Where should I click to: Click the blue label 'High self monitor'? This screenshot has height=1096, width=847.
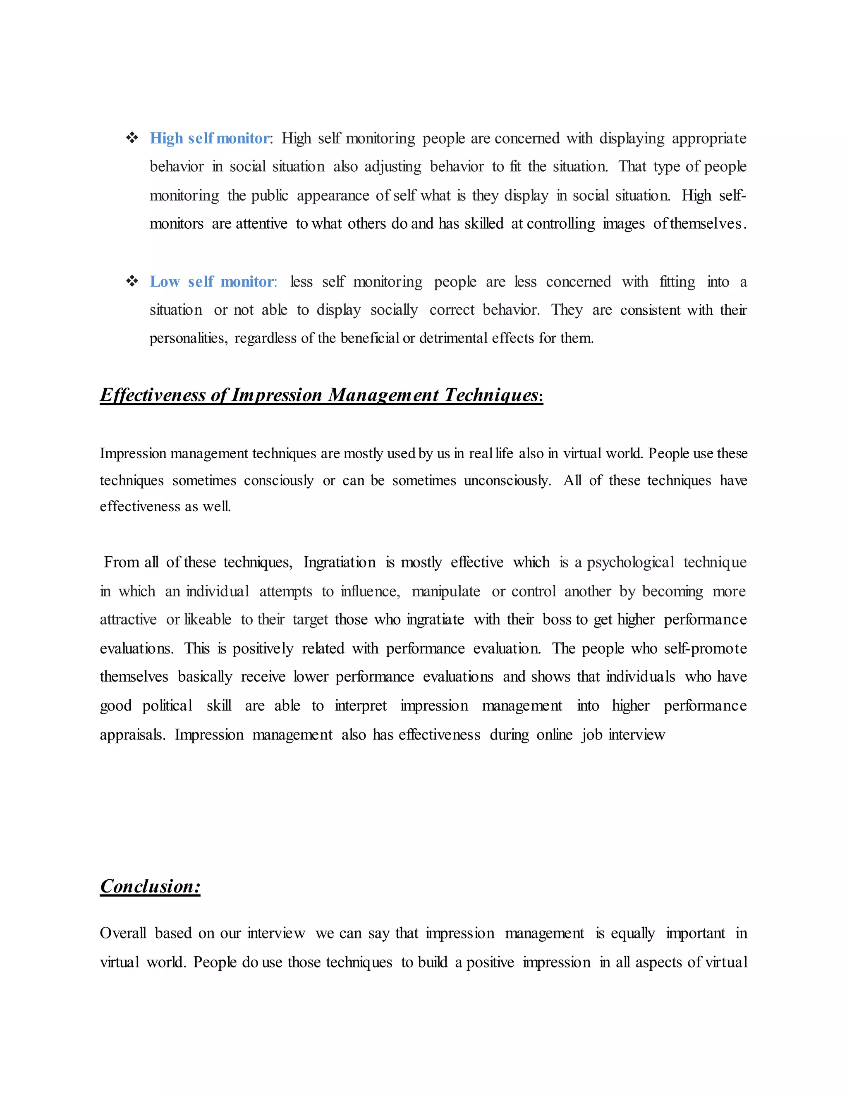(210, 139)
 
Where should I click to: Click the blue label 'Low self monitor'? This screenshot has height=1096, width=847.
(213, 282)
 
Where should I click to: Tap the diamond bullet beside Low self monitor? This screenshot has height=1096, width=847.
(132, 282)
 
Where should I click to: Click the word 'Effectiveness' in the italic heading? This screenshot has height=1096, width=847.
(153, 395)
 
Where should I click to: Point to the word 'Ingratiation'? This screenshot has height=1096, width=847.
(339, 562)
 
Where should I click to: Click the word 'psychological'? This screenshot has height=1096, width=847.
(630, 562)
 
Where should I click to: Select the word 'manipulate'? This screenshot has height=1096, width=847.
(445, 592)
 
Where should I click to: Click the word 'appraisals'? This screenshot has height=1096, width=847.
(132, 735)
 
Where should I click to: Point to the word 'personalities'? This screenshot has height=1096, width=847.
(188, 339)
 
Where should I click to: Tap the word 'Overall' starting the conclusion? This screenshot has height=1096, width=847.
(123, 933)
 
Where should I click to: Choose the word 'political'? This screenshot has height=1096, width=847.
(167, 706)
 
